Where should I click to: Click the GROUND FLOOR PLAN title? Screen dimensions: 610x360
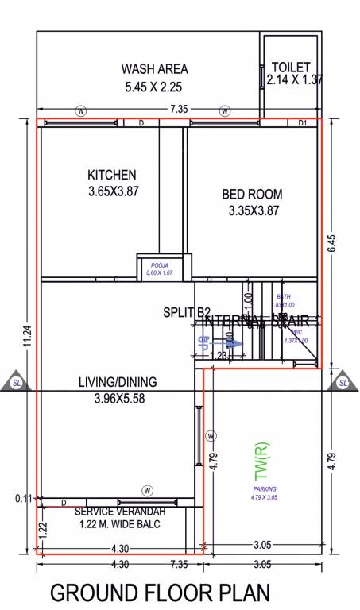point(161,593)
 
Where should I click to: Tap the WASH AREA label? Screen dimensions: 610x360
point(153,69)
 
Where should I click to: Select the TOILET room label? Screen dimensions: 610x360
point(290,68)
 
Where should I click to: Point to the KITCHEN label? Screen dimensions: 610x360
point(112,175)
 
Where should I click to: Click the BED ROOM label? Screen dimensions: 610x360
point(252,194)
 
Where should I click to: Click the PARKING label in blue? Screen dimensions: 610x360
point(265,489)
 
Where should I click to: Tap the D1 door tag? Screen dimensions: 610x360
point(303,123)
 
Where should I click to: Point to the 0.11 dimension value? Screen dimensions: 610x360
point(22,499)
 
